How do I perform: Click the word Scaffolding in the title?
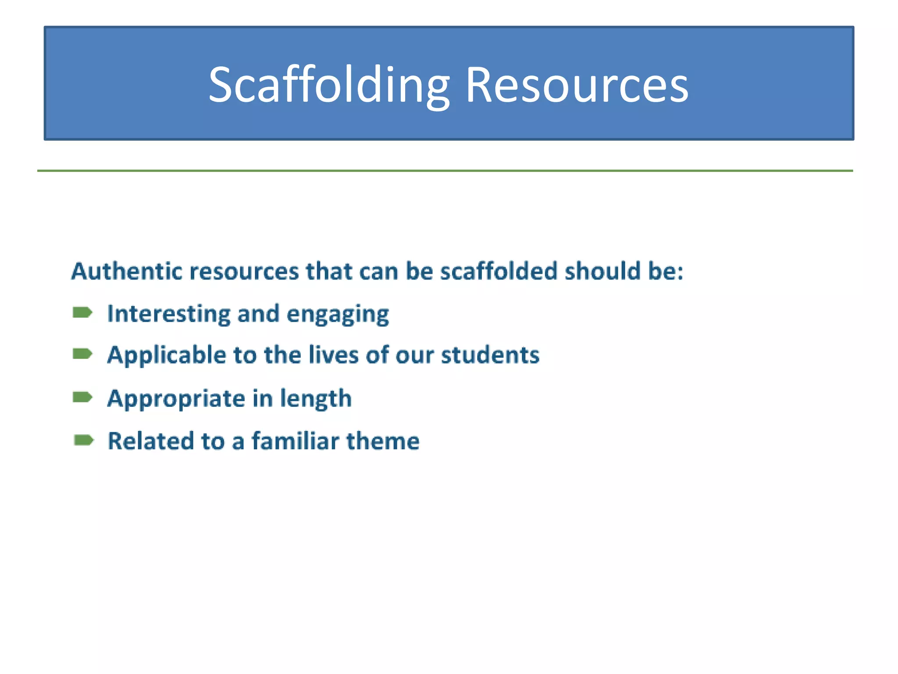(329, 86)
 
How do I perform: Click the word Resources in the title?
(576, 86)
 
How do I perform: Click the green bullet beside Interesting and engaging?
(82, 312)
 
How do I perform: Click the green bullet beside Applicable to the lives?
(82, 354)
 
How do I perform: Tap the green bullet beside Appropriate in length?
(82, 398)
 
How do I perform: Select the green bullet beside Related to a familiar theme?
(84, 440)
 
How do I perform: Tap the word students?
(490, 355)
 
